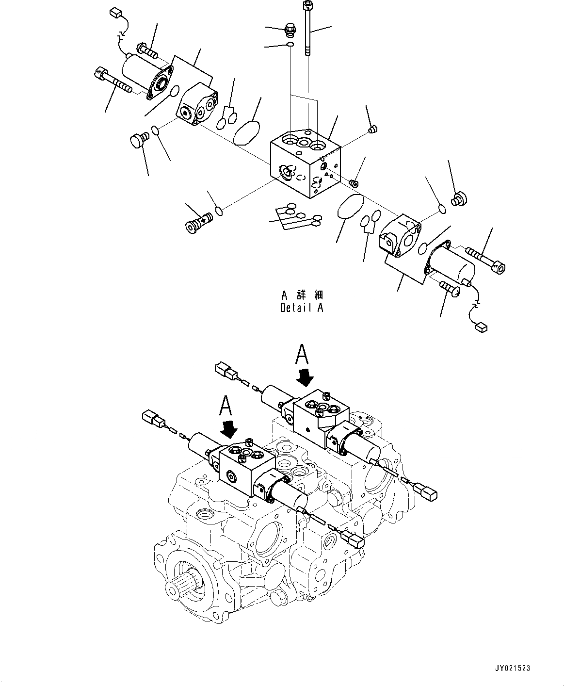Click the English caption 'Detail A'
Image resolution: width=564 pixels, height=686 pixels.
click(x=301, y=308)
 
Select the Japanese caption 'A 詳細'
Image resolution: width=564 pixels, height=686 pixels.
click(x=302, y=295)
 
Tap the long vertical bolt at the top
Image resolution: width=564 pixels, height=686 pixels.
click(x=307, y=29)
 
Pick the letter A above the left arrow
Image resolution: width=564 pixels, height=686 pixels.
click(x=226, y=406)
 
